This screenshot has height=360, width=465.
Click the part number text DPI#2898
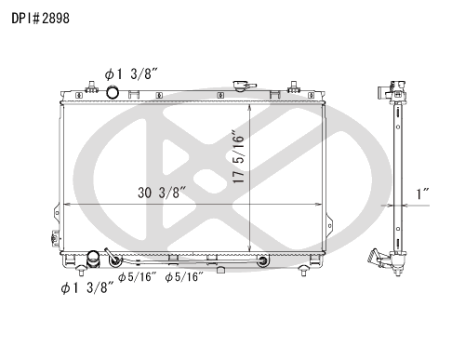pos(40,19)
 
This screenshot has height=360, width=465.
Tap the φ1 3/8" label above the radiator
pos(131,74)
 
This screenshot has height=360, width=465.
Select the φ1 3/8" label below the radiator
pos(87,287)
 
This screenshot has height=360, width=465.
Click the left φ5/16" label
pos(138,277)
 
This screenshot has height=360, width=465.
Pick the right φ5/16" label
pos(184,277)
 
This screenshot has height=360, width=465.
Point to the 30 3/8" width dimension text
pos(162,193)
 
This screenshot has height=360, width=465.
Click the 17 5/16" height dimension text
pos(239,159)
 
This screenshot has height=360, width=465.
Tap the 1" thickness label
pos(422,193)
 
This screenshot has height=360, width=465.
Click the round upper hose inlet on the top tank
pos(113,92)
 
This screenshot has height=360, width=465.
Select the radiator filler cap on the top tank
pos(244,86)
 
